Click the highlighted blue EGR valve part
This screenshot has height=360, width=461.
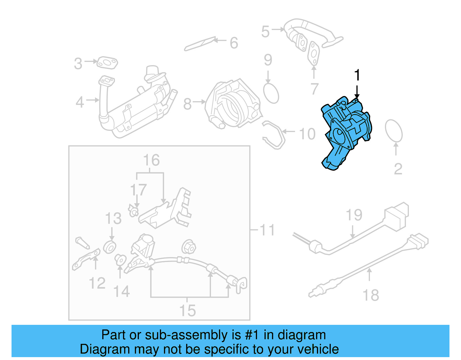click(346, 133)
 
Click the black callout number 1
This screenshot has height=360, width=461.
click(357, 75)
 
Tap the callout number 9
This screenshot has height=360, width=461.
click(268, 60)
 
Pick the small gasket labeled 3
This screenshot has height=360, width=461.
click(107, 63)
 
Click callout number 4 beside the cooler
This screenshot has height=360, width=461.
click(80, 103)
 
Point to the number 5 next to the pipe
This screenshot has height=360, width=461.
click(265, 31)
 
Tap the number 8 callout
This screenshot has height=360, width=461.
click(187, 104)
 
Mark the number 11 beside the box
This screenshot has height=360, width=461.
click(267, 230)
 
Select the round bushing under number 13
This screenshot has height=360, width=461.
click(109, 247)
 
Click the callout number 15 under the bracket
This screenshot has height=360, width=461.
click(187, 311)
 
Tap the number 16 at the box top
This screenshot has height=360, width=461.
click(151, 160)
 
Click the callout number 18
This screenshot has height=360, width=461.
click(371, 295)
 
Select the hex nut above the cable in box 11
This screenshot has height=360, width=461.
click(188, 247)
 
